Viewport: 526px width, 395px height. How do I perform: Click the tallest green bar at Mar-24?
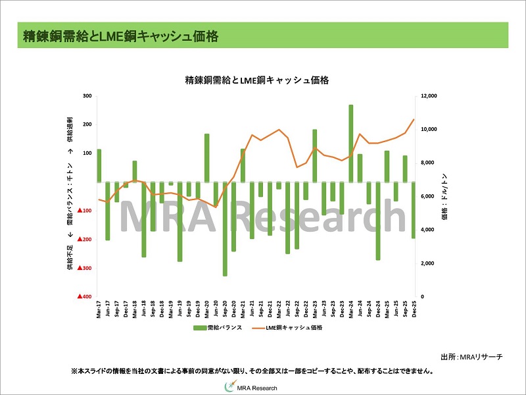351,143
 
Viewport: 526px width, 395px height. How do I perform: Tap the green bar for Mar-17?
99,165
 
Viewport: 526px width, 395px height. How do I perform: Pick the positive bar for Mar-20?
207,157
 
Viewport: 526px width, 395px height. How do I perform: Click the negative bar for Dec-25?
414,210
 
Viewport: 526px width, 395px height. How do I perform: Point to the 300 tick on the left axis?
87,96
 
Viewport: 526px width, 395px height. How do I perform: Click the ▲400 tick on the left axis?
84,297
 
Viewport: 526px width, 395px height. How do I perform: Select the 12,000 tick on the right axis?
428,96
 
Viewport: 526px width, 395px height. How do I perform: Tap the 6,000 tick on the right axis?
426,196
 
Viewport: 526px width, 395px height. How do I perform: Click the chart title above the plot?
256,80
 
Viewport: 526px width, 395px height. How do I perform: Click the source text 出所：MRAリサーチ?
471,356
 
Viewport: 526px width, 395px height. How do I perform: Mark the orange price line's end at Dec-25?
414,120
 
